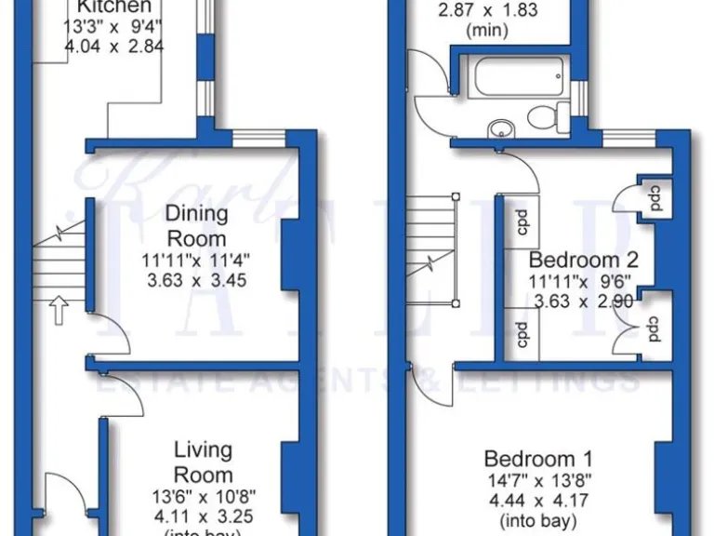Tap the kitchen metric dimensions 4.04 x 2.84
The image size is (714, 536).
coord(114,44)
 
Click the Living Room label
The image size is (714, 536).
coord(203,462)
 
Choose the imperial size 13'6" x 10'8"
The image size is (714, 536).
coord(203,496)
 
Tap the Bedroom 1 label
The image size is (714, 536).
coord(538,459)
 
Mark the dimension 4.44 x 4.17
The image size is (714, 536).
coord(538,500)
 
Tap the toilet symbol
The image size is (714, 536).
coord(549,116)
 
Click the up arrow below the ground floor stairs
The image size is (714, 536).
coord(58,310)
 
